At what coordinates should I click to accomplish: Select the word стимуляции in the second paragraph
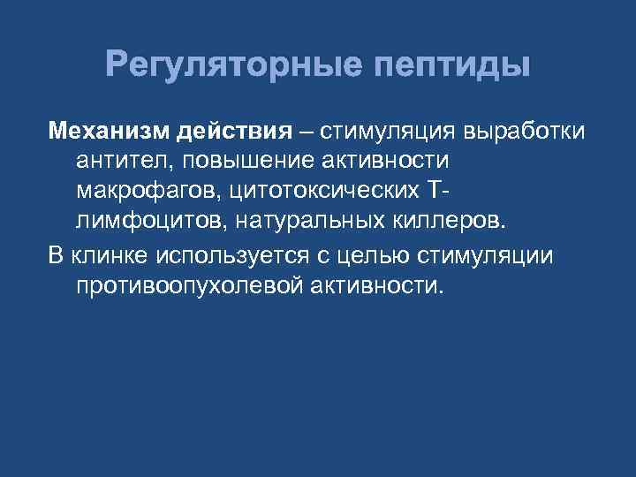pyautogui.click(x=503, y=256)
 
